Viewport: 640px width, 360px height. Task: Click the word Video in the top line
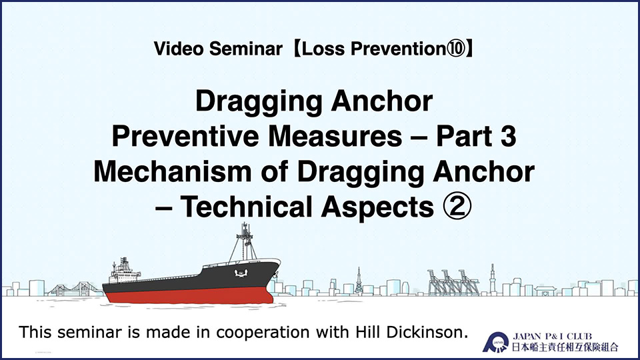(179, 49)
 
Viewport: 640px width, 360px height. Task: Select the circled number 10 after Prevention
(456, 49)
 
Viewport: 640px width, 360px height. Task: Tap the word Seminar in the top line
(246, 49)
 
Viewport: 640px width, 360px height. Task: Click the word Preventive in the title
(185, 136)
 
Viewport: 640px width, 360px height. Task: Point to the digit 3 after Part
(508, 136)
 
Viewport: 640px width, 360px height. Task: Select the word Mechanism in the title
(172, 171)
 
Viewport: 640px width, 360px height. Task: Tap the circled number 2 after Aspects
(457, 207)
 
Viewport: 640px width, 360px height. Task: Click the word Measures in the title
(335, 136)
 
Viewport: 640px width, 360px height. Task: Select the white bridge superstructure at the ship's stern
(124, 271)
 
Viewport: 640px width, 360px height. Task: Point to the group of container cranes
(453, 282)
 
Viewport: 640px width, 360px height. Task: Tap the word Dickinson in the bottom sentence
(426, 332)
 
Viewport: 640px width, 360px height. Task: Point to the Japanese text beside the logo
(565, 347)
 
